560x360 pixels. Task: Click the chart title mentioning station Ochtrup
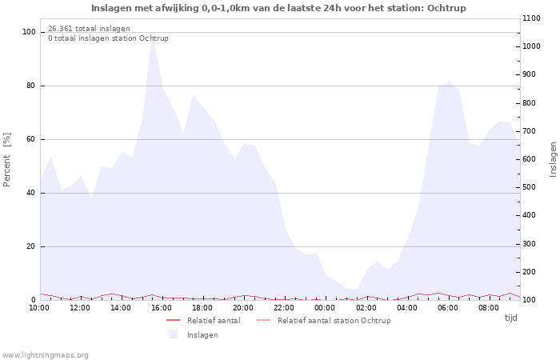click(278, 8)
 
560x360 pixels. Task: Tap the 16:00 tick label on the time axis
click(162, 308)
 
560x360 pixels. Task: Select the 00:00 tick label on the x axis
click(325, 308)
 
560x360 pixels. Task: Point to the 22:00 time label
click(284, 308)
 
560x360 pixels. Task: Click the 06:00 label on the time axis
click(447, 308)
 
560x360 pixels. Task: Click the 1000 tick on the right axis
click(531, 46)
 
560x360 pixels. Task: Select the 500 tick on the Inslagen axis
click(530, 187)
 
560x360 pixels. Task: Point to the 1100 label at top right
click(531, 18)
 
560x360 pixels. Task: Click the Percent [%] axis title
click(6, 160)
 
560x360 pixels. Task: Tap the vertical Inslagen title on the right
click(553, 159)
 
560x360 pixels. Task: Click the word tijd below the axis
click(510, 318)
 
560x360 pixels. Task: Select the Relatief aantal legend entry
click(203, 320)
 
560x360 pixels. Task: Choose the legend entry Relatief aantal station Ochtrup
click(323, 320)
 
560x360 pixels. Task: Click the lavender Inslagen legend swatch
click(174, 334)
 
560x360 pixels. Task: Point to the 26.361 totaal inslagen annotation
click(89, 29)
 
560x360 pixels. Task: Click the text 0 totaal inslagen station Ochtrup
click(108, 38)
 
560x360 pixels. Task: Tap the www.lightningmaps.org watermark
click(45, 355)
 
